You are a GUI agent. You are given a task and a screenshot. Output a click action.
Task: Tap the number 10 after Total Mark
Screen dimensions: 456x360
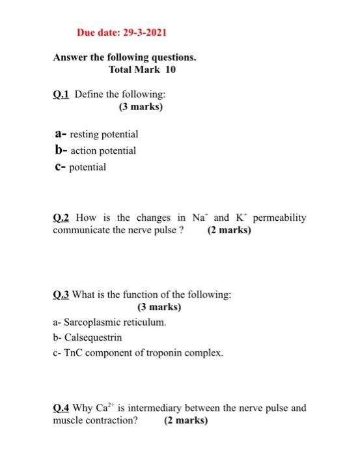[170, 69]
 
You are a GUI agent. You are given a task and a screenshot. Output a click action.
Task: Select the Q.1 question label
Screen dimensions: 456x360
[61, 94]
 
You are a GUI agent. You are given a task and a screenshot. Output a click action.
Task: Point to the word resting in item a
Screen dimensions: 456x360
[86, 134]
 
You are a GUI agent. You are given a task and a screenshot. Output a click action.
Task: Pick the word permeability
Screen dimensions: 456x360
[279, 218]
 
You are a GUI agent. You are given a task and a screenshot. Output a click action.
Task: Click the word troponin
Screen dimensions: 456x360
[162, 353]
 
